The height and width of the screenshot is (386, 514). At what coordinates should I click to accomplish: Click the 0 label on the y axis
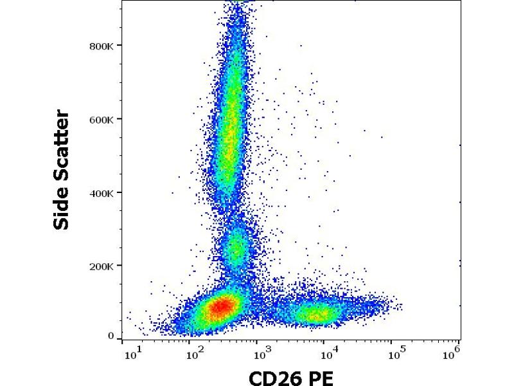click(111, 336)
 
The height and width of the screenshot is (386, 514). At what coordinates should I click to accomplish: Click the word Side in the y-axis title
click(62, 208)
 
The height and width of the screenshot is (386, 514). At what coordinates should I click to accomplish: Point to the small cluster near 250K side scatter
click(237, 248)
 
